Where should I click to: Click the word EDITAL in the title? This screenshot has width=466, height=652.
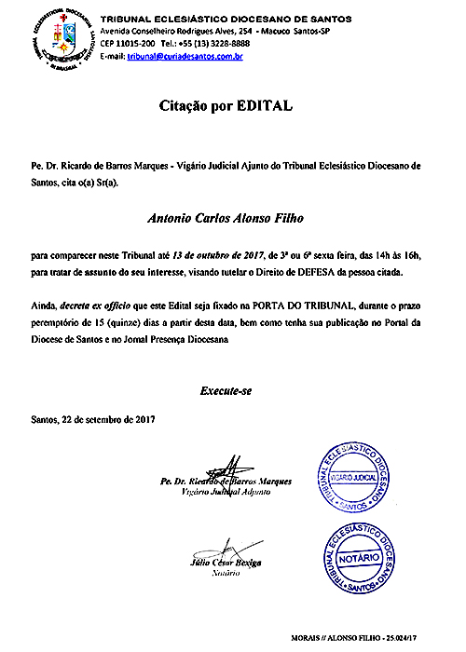(269, 107)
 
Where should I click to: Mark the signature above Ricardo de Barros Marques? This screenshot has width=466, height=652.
(226, 469)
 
